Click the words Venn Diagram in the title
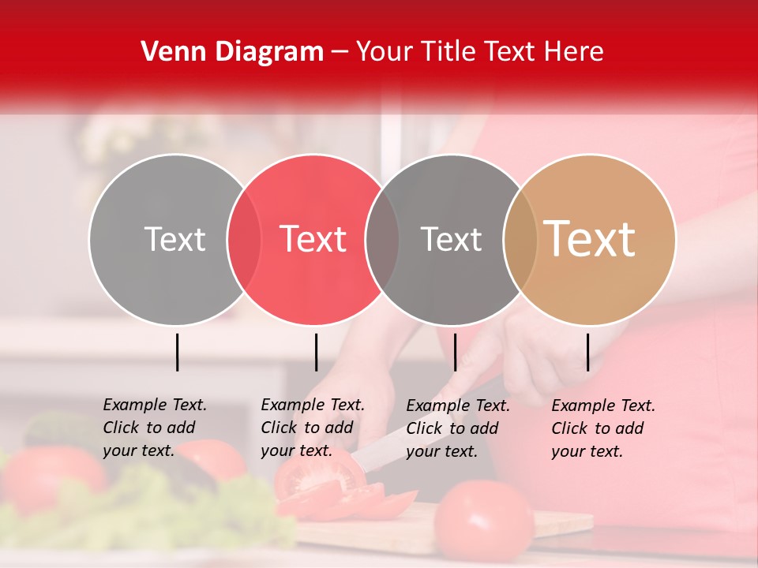(x=231, y=52)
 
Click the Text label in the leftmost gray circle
(x=174, y=239)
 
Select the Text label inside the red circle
(x=313, y=239)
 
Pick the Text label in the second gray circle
(x=451, y=239)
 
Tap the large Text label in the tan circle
(x=590, y=238)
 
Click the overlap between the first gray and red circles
(x=244, y=239)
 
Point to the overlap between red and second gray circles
(x=382, y=239)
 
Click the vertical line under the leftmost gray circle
(x=177, y=352)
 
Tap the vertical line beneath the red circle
(x=316, y=352)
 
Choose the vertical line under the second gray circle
(x=455, y=352)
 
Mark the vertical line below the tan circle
(x=587, y=352)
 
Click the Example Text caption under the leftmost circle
(x=155, y=428)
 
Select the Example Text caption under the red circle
(x=313, y=428)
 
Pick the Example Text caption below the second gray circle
(x=458, y=428)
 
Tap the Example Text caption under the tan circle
(x=603, y=428)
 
